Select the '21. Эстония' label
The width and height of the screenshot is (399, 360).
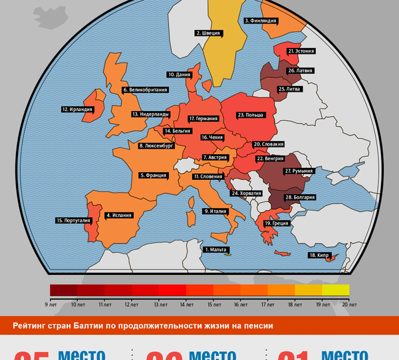tap(301, 50)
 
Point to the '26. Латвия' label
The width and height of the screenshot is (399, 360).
tap(300, 70)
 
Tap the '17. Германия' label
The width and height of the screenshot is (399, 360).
tap(203, 118)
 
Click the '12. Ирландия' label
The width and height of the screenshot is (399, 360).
tap(76, 109)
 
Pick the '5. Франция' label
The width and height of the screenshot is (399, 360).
tap(152, 175)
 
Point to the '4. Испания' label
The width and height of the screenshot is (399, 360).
tap(118, 215)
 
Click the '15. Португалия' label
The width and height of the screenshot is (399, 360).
tap(73, 221)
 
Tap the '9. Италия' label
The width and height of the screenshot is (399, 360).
tap(215, 211)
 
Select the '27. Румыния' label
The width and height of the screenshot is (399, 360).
tap(299, 171)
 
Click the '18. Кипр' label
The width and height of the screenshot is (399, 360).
tap(320, 255)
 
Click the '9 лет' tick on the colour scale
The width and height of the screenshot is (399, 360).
tap(50, 304)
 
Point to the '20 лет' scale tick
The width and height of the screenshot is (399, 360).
tap(349, 304)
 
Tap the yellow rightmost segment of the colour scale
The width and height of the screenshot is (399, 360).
tap(336, 290)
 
